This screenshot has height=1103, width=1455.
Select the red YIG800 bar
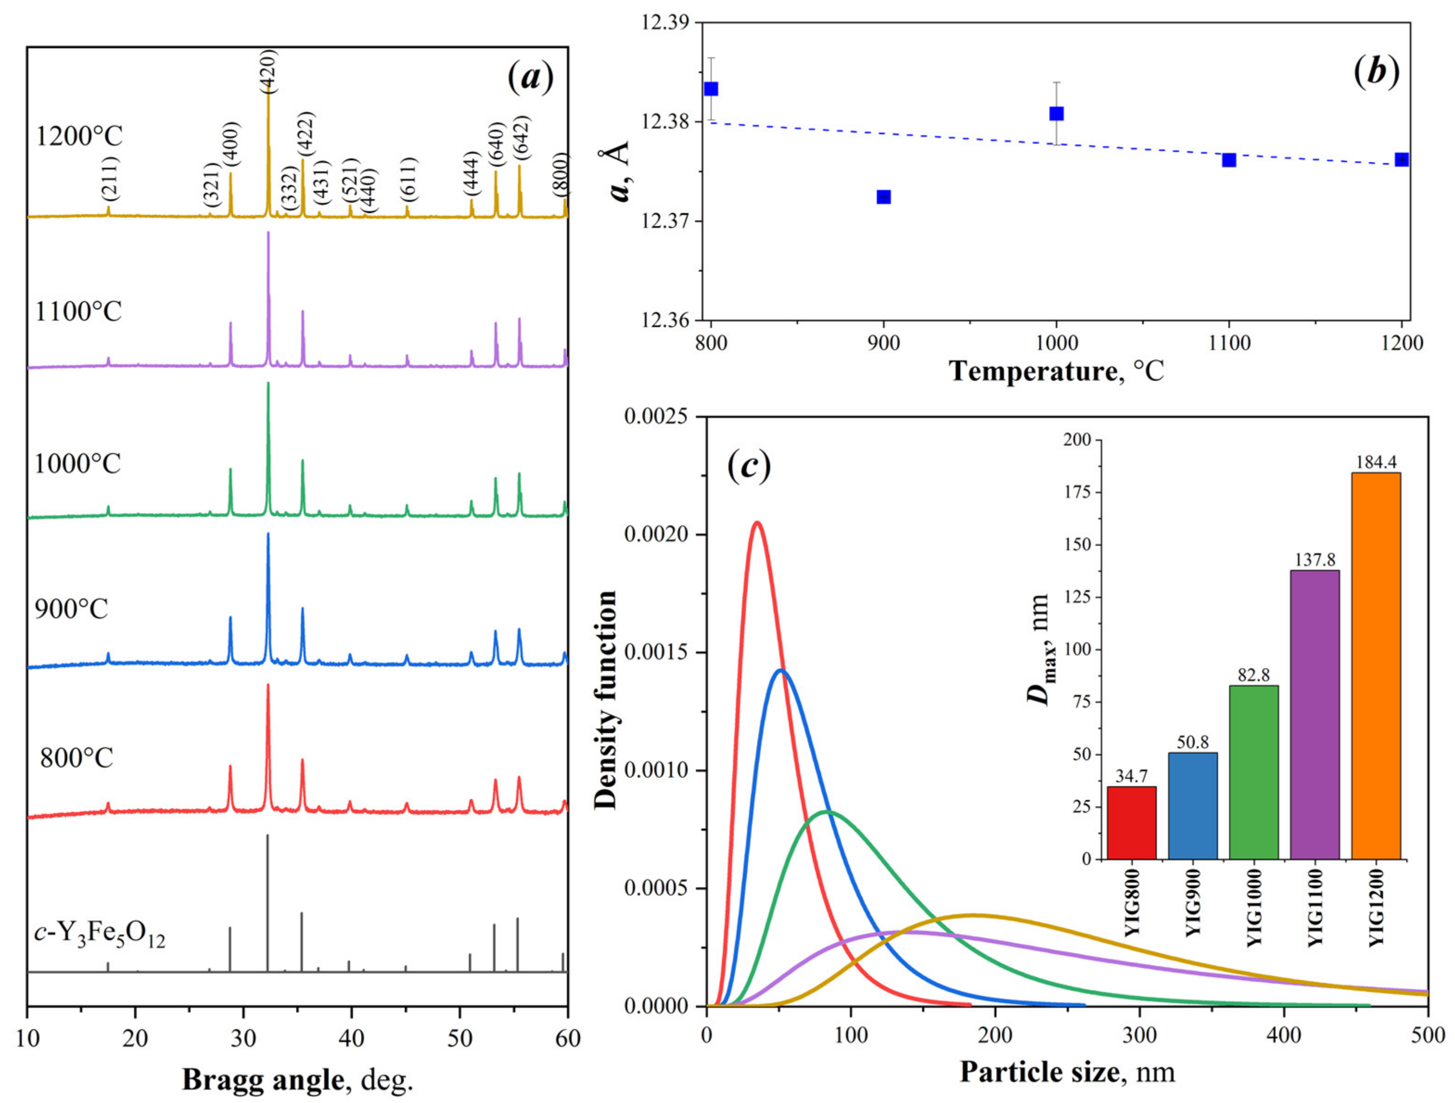1131,822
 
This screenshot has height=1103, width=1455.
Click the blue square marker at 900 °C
883,198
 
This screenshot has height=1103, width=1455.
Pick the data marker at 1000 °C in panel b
1056,114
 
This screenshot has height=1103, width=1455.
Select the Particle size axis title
1067,1071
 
